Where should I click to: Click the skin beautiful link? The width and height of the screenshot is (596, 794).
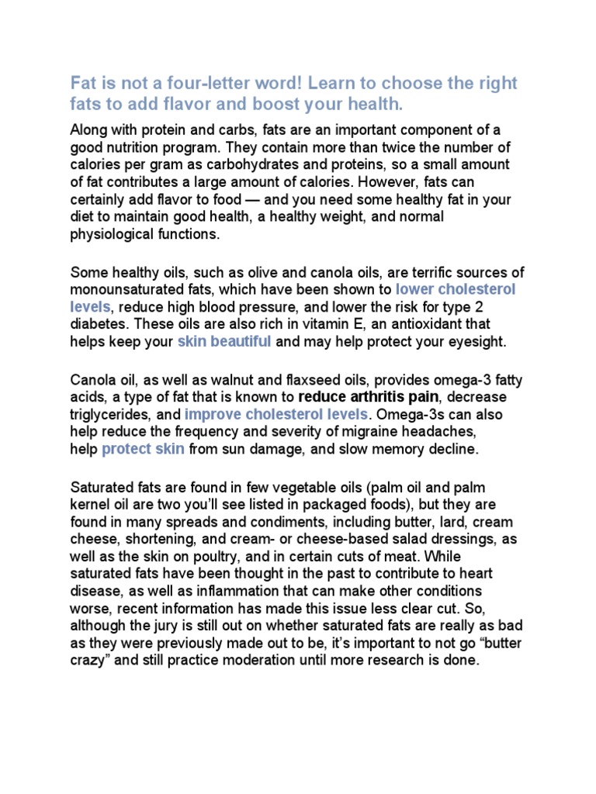click(224, 341)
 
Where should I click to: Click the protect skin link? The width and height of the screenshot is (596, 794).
click(143, 448)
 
